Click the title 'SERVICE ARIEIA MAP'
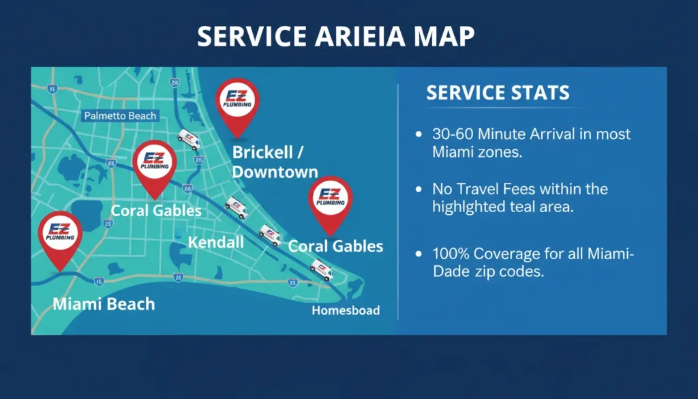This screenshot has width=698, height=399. [x=335, y=37]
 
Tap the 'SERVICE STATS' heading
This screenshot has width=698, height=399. [x=498, y=93]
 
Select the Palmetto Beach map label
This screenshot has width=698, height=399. [x=120, y=116]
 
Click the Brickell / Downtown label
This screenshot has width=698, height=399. [x=275, y=162]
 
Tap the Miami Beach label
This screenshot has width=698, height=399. [x=104, y=304]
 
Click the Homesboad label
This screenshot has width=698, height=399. [x=346, y=311]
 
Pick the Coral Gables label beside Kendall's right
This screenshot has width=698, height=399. [x=335, y=246]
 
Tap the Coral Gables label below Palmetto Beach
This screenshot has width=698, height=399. [x=156, y=210]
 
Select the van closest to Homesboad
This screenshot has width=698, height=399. [x=320, y=269]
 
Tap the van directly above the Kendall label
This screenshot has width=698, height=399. [x=236, y=207]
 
